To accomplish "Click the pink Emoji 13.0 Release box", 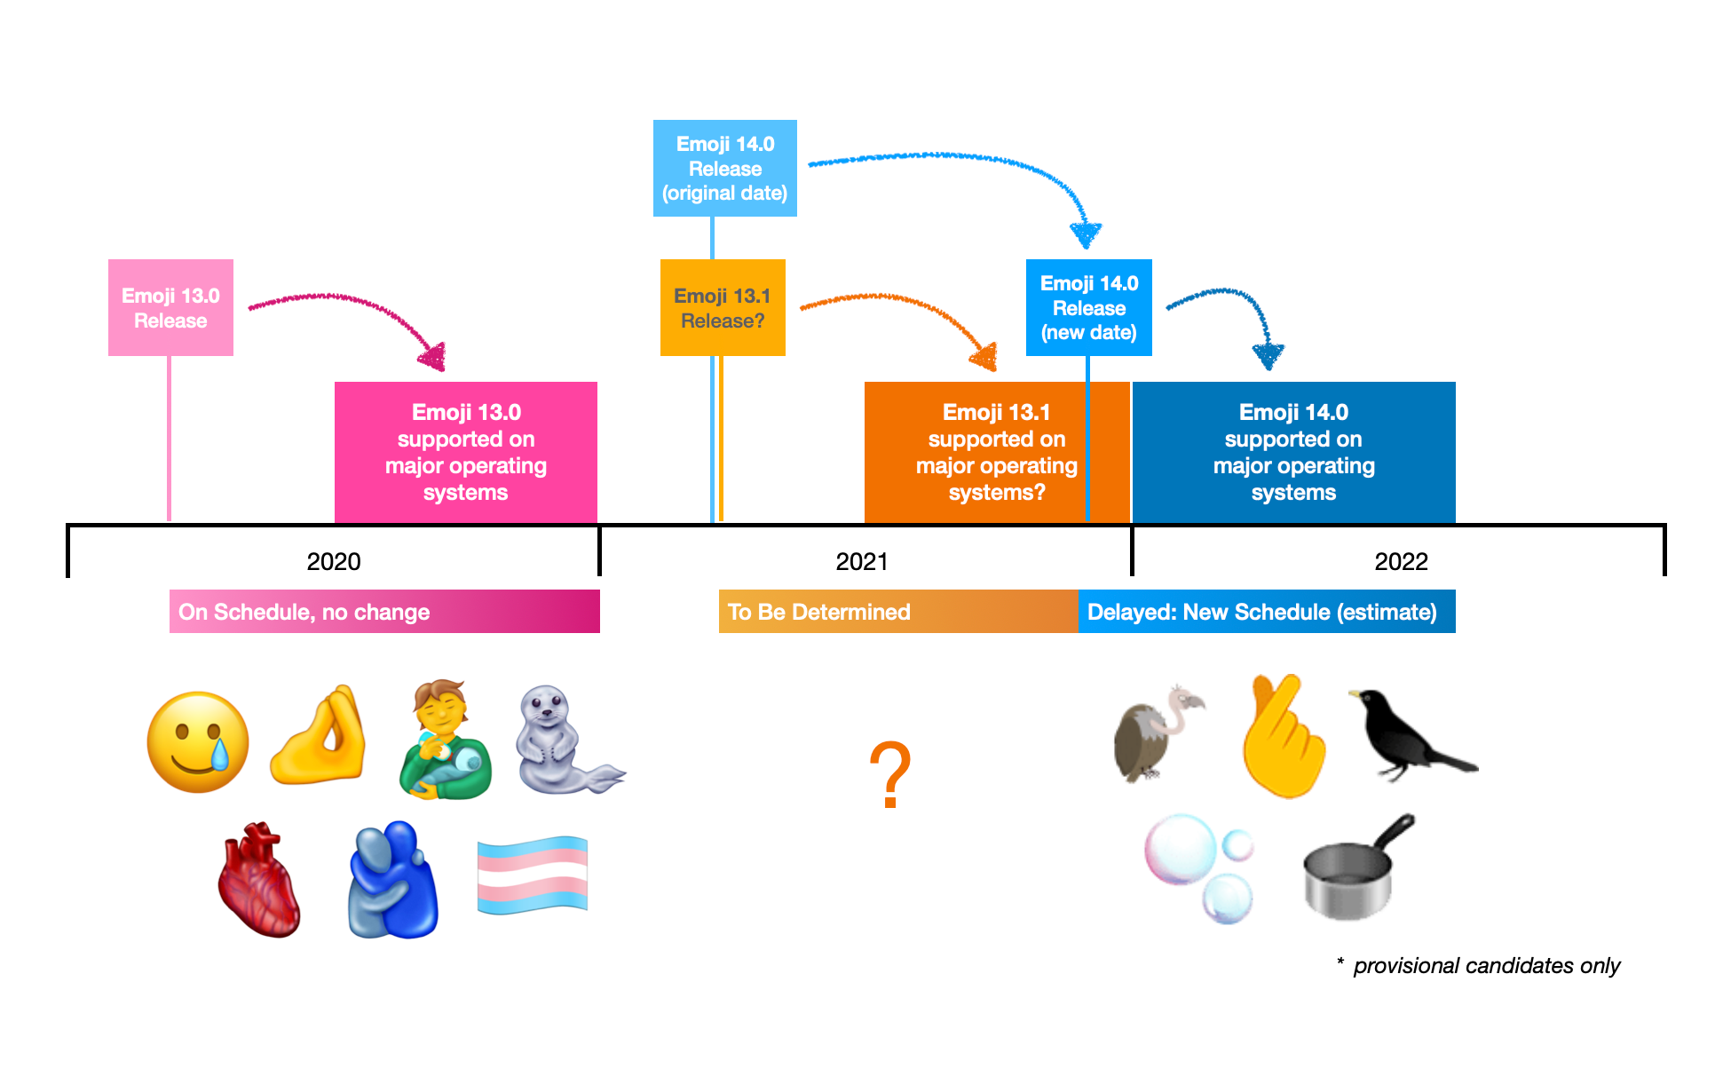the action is pos(170,307).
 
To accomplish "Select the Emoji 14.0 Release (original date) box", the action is pos(725,168).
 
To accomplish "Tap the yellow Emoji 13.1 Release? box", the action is pos(723,307).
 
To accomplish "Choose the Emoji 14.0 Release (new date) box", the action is pos(1089,307).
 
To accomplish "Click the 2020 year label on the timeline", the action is pos(334,561).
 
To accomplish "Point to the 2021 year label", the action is pos(862,561).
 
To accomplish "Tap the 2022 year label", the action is pos(1402,561).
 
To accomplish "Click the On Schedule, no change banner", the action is pos(384,612).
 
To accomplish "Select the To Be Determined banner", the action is pos(898,612).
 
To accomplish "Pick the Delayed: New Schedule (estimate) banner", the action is pos(1267,612).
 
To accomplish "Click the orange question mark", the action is pos(890,774).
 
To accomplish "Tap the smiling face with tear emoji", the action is pos(198,742).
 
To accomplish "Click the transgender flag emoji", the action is pos(533,875).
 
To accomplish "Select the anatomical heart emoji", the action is pos(259,879).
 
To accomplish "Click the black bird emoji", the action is pos(1411,734).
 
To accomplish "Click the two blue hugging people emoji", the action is pos(392,880).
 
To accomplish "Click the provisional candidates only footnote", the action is pos(1478,965).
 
